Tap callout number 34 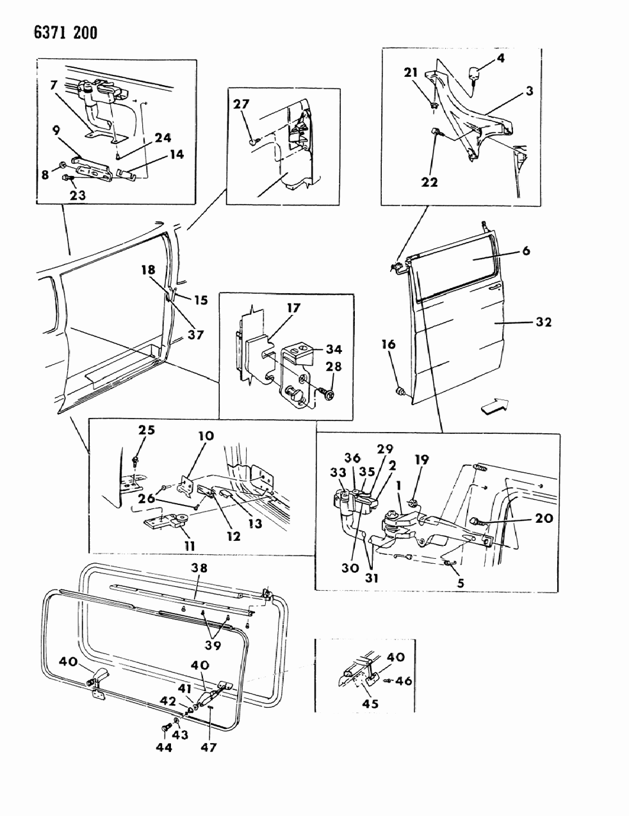click(x=333, y=349)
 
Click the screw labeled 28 click(x=328, y=396)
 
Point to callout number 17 click(x=293, y=308)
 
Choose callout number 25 click(x=147, y=429)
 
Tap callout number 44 click(x=164, y=748)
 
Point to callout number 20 click(x=543, y=518)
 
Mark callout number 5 click(x=459, y=583)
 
